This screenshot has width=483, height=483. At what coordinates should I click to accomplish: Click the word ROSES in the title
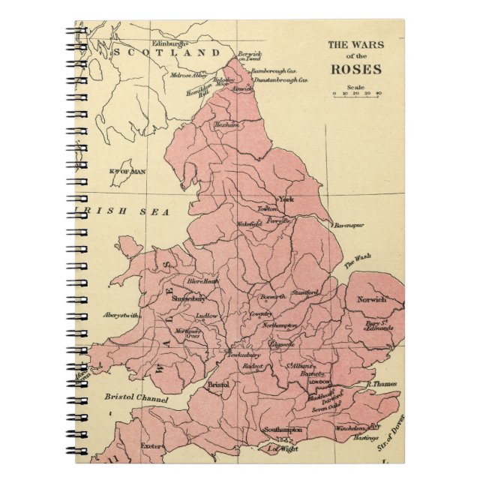pos(357,70)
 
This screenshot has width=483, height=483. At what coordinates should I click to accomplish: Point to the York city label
pos(286,199)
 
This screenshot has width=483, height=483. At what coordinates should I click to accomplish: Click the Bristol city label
pos(217,384)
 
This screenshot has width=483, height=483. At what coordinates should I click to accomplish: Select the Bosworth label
pos(273,297)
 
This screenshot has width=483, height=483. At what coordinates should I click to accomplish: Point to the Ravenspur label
pos(348,223)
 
